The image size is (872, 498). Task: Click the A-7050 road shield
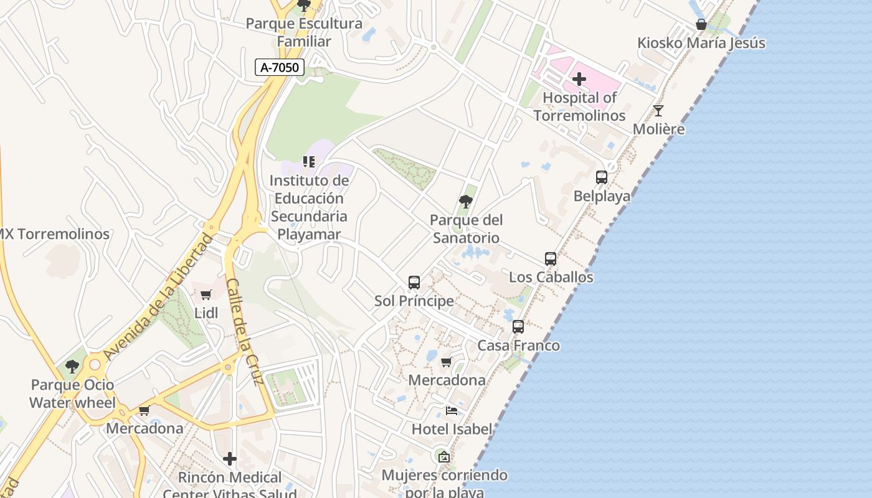(x=279, y=67)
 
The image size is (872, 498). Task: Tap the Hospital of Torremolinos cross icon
(x=579, y=79)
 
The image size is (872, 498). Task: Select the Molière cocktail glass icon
(x=658, y=111)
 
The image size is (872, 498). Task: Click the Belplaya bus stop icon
(x=602, y=177)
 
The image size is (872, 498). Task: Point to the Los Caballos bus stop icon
(x=551, y=258)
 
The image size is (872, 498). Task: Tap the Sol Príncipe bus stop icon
(x=414, y=283)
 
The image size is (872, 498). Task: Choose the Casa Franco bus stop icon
(x=518, y=327)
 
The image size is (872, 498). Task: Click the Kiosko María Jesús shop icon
(x=701, y=24)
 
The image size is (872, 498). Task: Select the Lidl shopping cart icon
(x=206, y=294)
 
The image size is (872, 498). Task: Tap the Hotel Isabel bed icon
(x=452, y=410)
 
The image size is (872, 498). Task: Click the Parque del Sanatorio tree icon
(x=465, y=201)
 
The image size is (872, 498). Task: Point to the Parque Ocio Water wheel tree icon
(x=72, y=366)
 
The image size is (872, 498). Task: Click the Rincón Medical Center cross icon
(x=230, y=459)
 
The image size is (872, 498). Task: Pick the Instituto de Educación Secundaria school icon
(x=309, y=162)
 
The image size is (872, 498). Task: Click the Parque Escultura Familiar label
(x=303, y=32)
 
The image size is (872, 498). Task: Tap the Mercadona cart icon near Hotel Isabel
(x=446, y=362)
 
